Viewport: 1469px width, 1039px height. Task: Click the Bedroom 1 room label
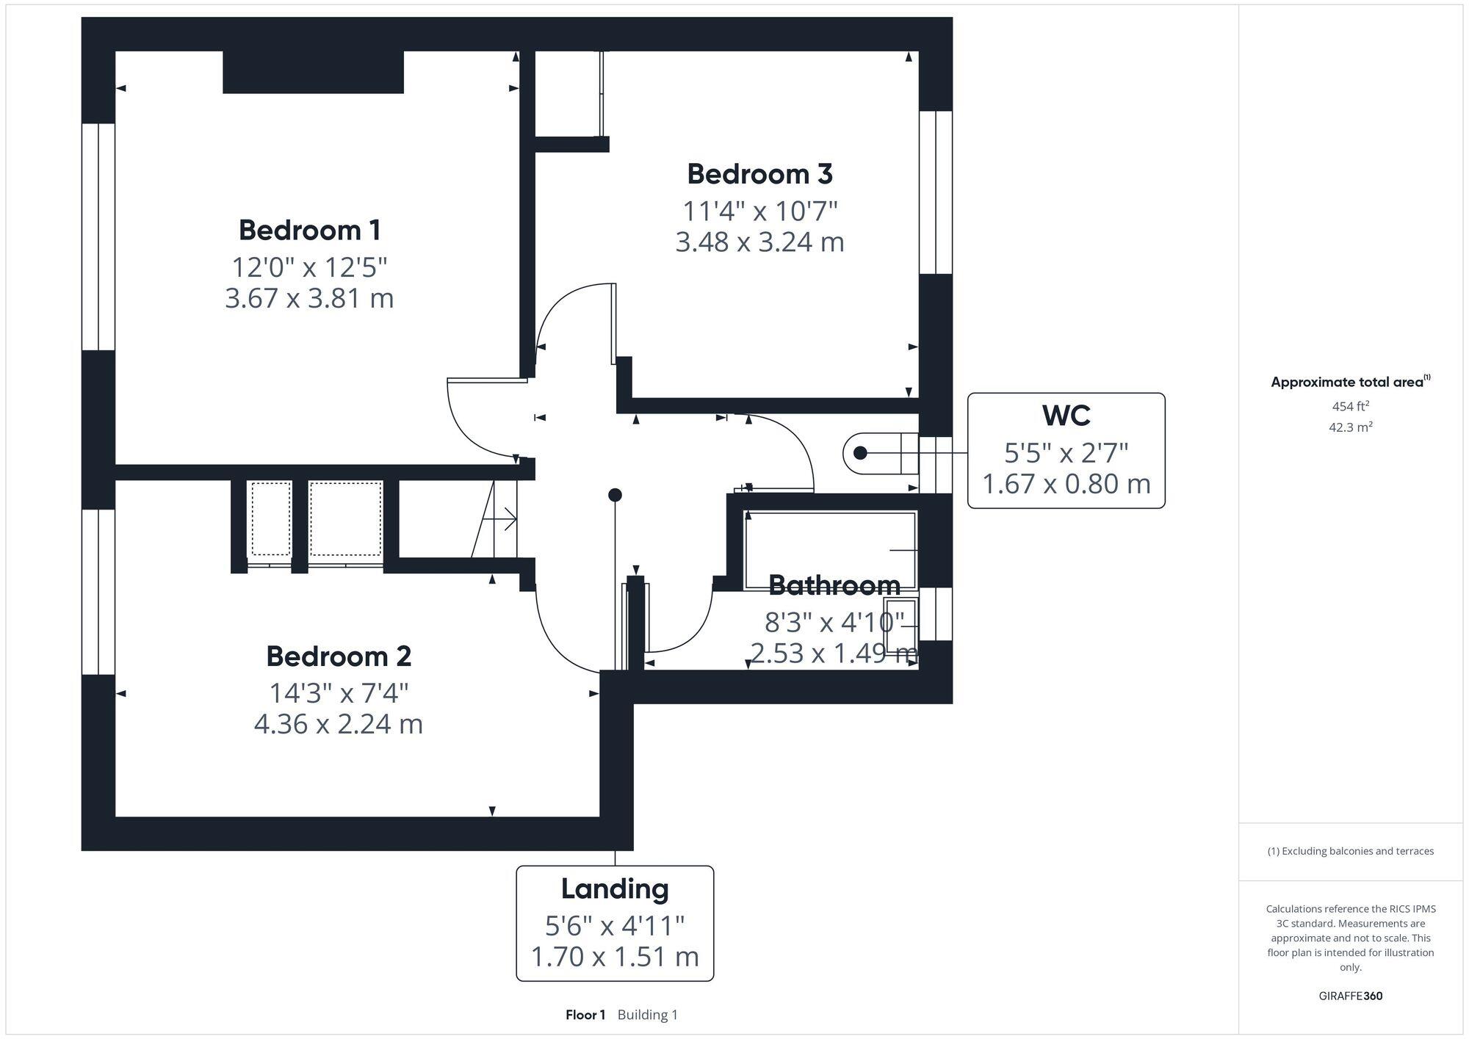tap(309, 231)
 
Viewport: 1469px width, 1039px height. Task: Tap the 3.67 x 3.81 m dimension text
tap(309, 299)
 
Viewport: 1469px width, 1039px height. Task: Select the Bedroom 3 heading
tap(759, 174)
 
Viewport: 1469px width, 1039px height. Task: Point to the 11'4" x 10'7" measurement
tap(759, 211)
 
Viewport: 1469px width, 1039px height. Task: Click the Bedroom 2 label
tap(338, 656)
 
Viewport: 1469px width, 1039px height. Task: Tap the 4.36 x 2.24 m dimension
tap(338, 725)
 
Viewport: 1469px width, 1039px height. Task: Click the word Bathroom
tap(834, 586)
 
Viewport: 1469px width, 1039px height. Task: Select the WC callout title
tap(1066, 416)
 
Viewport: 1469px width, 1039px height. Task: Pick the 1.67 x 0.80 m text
tap(1066, 485)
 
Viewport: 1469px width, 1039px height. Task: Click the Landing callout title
tap(615, 888)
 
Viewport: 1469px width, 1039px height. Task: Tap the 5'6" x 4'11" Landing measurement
tap(615, 926)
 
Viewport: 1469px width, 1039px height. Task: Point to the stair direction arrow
tap(508, 519)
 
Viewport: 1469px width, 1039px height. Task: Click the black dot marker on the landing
tap(616, 495)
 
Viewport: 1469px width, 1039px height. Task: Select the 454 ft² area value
tap(1350, 406)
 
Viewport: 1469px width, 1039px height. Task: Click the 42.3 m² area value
tap(1350, 427)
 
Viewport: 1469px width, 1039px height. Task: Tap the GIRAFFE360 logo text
tap(1350, 996)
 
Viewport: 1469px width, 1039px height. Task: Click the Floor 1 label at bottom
tap(585, 1015)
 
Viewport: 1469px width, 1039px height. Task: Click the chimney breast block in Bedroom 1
tap(313, 71)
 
